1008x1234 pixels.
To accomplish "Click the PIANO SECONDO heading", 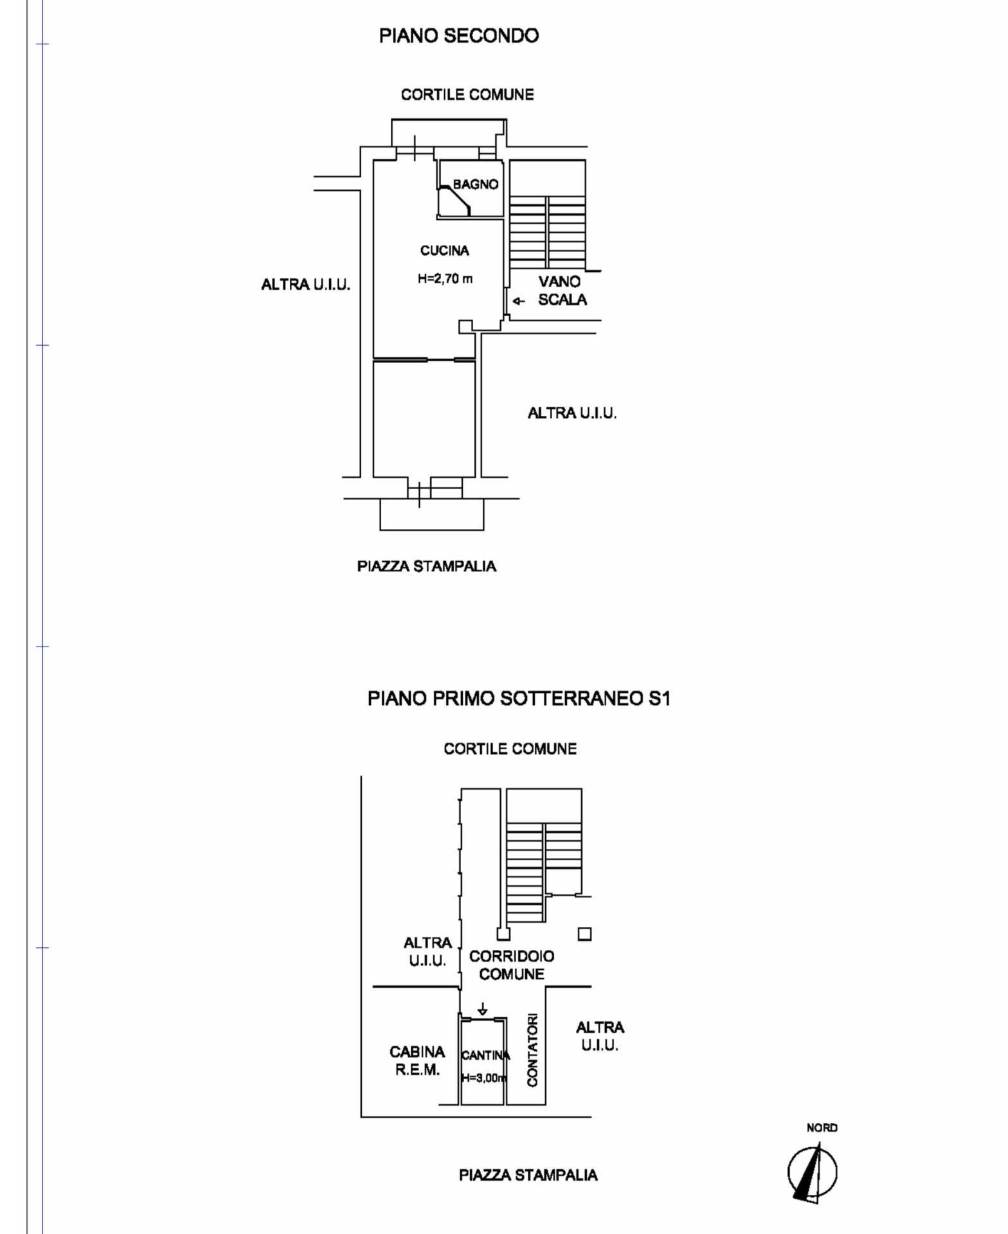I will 458,36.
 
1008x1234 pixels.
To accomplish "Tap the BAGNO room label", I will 475,184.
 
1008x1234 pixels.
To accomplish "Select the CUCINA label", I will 444,251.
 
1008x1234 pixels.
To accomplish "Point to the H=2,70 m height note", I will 445,279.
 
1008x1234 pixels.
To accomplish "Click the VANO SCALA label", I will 562,291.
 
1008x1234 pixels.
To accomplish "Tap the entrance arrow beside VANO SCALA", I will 518,301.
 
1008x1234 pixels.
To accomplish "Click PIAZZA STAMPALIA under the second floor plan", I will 426,566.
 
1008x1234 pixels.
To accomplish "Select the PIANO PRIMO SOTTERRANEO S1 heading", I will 519,699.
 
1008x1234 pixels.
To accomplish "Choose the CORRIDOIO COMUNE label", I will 512,965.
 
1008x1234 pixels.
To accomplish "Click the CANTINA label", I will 485,1055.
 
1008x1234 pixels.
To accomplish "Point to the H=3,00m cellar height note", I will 484,1078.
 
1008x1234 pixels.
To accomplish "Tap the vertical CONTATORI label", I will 532,1050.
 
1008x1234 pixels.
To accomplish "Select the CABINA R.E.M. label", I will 417,1060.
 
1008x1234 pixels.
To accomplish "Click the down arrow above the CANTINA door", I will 483,1010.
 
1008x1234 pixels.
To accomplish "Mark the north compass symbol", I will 812,1172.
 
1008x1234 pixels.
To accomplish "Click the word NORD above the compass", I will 822,1127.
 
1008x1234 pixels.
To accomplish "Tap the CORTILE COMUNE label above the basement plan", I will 510,749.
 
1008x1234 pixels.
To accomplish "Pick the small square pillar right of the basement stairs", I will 584,934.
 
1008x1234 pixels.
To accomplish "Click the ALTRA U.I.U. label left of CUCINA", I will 305,285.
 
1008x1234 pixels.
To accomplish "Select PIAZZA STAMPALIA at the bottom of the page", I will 528,1175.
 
